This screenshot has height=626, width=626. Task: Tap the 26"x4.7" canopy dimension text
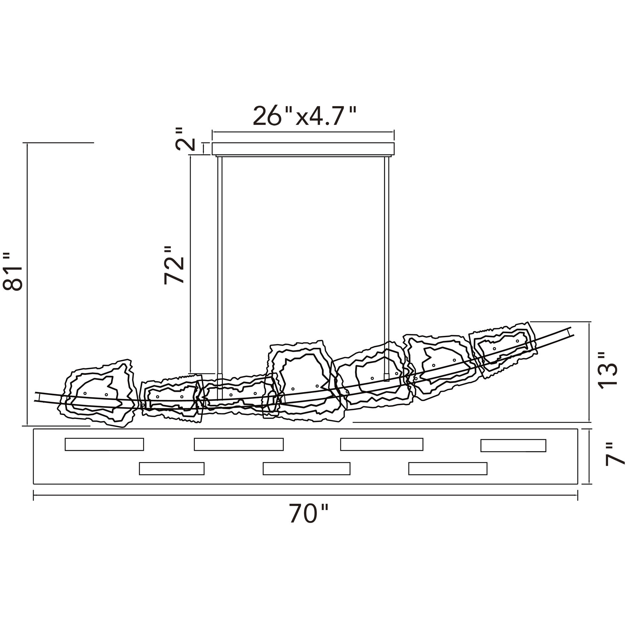304,116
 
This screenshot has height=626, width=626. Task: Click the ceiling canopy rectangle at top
303,149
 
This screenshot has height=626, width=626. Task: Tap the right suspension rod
387,268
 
